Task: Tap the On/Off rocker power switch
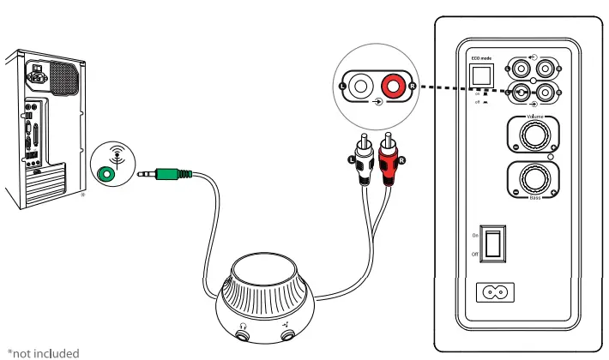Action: [493, 243]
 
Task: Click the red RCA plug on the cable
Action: [390, 159]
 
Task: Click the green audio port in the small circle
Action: [106, 173]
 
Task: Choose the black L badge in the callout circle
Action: [342, 87]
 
